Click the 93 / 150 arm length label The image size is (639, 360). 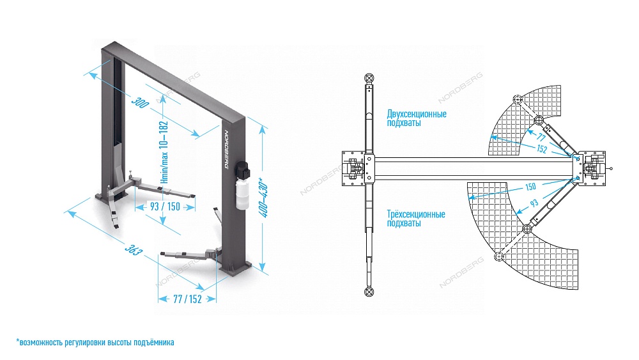165,207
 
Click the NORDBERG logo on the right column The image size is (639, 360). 233,149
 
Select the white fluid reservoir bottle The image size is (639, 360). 242,194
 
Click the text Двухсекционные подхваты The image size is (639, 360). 416,118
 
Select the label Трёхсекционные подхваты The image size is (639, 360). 416,219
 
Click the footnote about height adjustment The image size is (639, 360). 95,343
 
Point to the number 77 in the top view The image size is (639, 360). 541,137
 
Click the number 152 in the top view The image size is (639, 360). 541,149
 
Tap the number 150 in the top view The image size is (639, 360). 530,187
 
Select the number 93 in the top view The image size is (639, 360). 534,203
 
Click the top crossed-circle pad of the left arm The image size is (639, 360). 369,78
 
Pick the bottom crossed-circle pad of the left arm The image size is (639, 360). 369,292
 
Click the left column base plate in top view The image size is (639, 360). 355,168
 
